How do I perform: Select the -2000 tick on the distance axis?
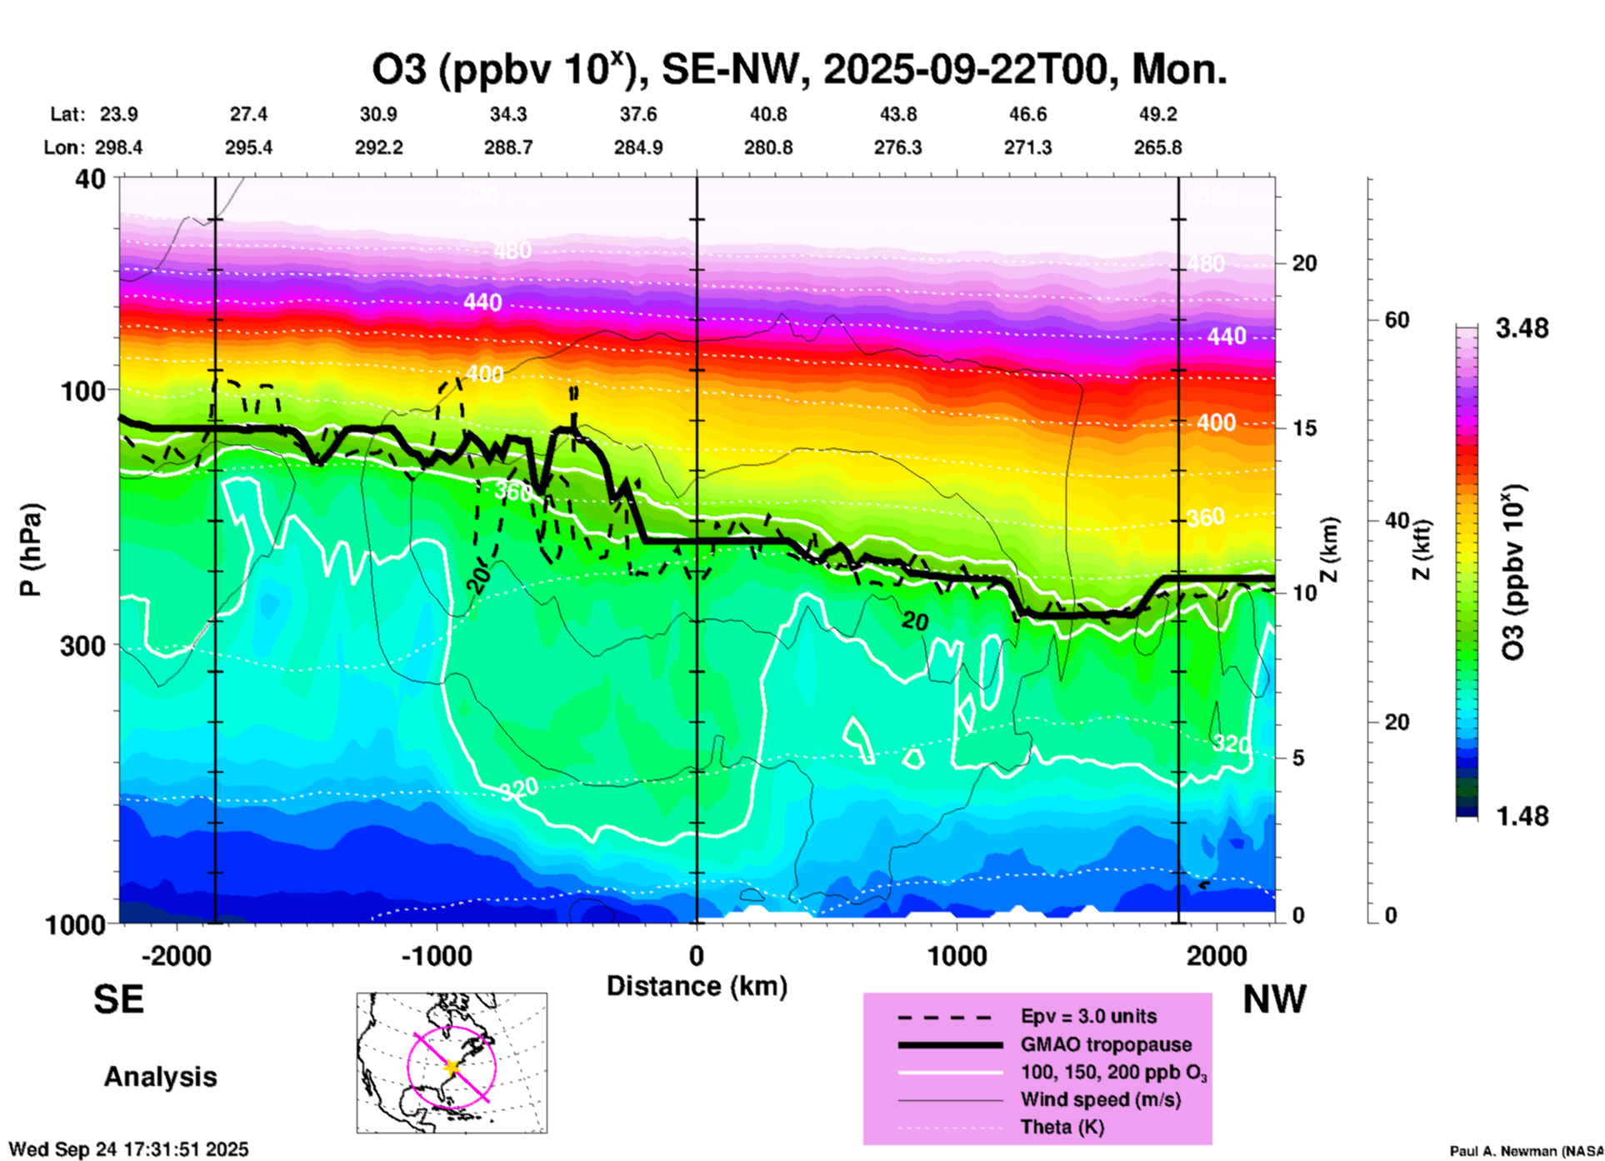pyautogui.click(x=177, y=955)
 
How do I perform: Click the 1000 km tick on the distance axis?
pyautogui.click(x=957, y=955)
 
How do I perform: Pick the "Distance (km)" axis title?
pyautogui.click(x=697, y=986)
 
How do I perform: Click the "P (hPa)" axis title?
pyautogui.click(x=31, y=550)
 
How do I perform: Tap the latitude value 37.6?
pyautogui.click(x=638, y=114)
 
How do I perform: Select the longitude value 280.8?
pyautogui.click(x=768, y=147)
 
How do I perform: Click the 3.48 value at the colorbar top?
pyautogui.click(x=1522, y=328)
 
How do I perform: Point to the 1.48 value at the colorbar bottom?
pyautogui.click(x=1522, y=815)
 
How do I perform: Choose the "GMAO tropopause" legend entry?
pyautogui.click(x=1106, y=1044)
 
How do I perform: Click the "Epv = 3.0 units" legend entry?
pyautogui.click(x=1088, y=1016)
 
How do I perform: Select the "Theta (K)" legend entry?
pyautogui.click(x=1062, y=1127)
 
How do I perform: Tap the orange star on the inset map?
pyautogui.click(x=452, y=1067)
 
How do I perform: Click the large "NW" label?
pyautogui.click(x=1274, y=999)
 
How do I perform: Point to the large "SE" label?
pyautogui.click(x=118, y=999)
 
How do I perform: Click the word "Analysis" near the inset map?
pyautogui.click(x=160, y=1077)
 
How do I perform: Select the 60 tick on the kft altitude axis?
pyautogui.click(x=1397, y=320)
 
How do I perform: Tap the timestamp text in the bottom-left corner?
pyautogui.click(x=128, y=1149)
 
